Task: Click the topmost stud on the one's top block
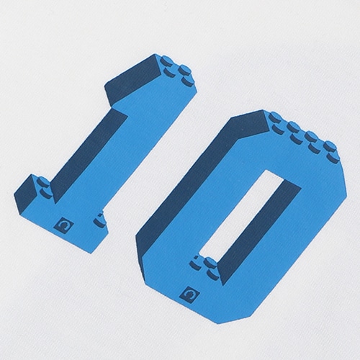(166, 60)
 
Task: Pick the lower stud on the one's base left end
(46, 193)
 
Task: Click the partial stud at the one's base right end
(100, 220)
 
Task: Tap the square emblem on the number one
(63, 225)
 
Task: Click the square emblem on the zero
(190, 294)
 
